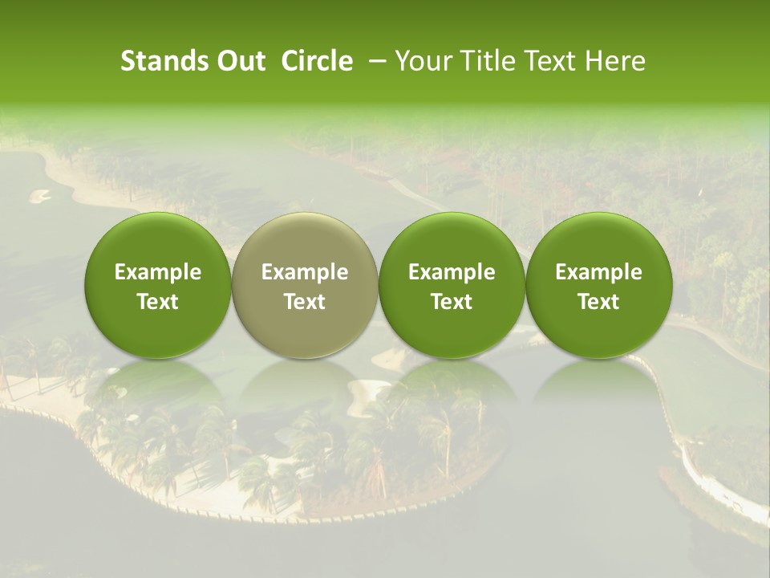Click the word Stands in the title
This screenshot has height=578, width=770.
click(x=158, y=61)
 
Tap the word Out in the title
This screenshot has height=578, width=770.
click(x=238, y=61)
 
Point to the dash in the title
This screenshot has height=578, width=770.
click(x=374, y=62)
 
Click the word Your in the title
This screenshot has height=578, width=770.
click(x=420, y=61)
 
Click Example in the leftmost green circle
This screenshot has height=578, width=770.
click(x=158, y=272)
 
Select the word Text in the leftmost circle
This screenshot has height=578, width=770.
click(x=158, y=302)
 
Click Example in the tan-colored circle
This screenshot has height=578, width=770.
click(x=305, y=272)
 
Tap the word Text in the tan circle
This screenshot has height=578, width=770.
click(x=305, y=302)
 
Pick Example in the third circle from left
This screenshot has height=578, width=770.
click(x=452, y=272)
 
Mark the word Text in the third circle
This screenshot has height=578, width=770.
click(x=452, y=302)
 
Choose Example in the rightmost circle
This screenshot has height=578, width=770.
click(x=598, y=272)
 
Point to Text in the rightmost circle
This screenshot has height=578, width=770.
click(x=598, y=302)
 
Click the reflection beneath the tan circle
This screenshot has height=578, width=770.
click(x=305, y=393)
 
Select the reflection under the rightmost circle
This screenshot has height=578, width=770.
click(x=598, y=393)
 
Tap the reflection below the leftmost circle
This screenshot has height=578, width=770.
click(x=158, y=393)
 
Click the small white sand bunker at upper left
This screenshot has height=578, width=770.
click(x=39, y=194)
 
